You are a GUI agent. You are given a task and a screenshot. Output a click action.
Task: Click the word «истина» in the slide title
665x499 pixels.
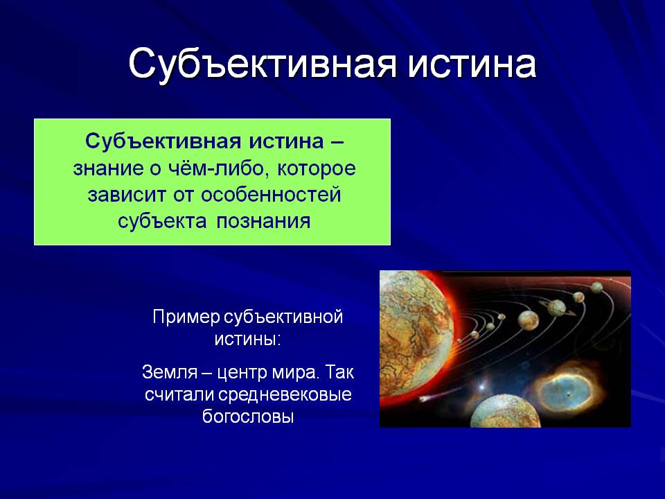pos(472,64)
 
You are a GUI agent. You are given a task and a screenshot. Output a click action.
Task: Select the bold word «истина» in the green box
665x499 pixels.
pos(286,141)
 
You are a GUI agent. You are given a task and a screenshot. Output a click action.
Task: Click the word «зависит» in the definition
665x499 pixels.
pos(127,195)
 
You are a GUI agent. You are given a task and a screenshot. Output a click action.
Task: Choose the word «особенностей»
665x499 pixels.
pos(271,195)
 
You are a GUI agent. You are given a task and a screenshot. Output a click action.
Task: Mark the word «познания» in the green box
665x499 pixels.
pos(263,222)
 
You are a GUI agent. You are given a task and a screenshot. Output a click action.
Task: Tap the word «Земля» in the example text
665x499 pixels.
pos(170,373)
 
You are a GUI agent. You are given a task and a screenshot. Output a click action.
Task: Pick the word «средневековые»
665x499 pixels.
pos(285,395)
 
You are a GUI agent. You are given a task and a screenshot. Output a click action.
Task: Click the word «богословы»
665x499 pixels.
pos(248,417)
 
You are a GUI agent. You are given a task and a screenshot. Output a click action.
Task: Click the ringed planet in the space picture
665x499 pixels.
pos(557,308)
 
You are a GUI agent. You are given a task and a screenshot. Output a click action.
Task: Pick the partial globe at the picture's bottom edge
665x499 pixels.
pos(506,411)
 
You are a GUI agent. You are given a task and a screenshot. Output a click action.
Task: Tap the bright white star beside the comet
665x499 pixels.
pos(482,387)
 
